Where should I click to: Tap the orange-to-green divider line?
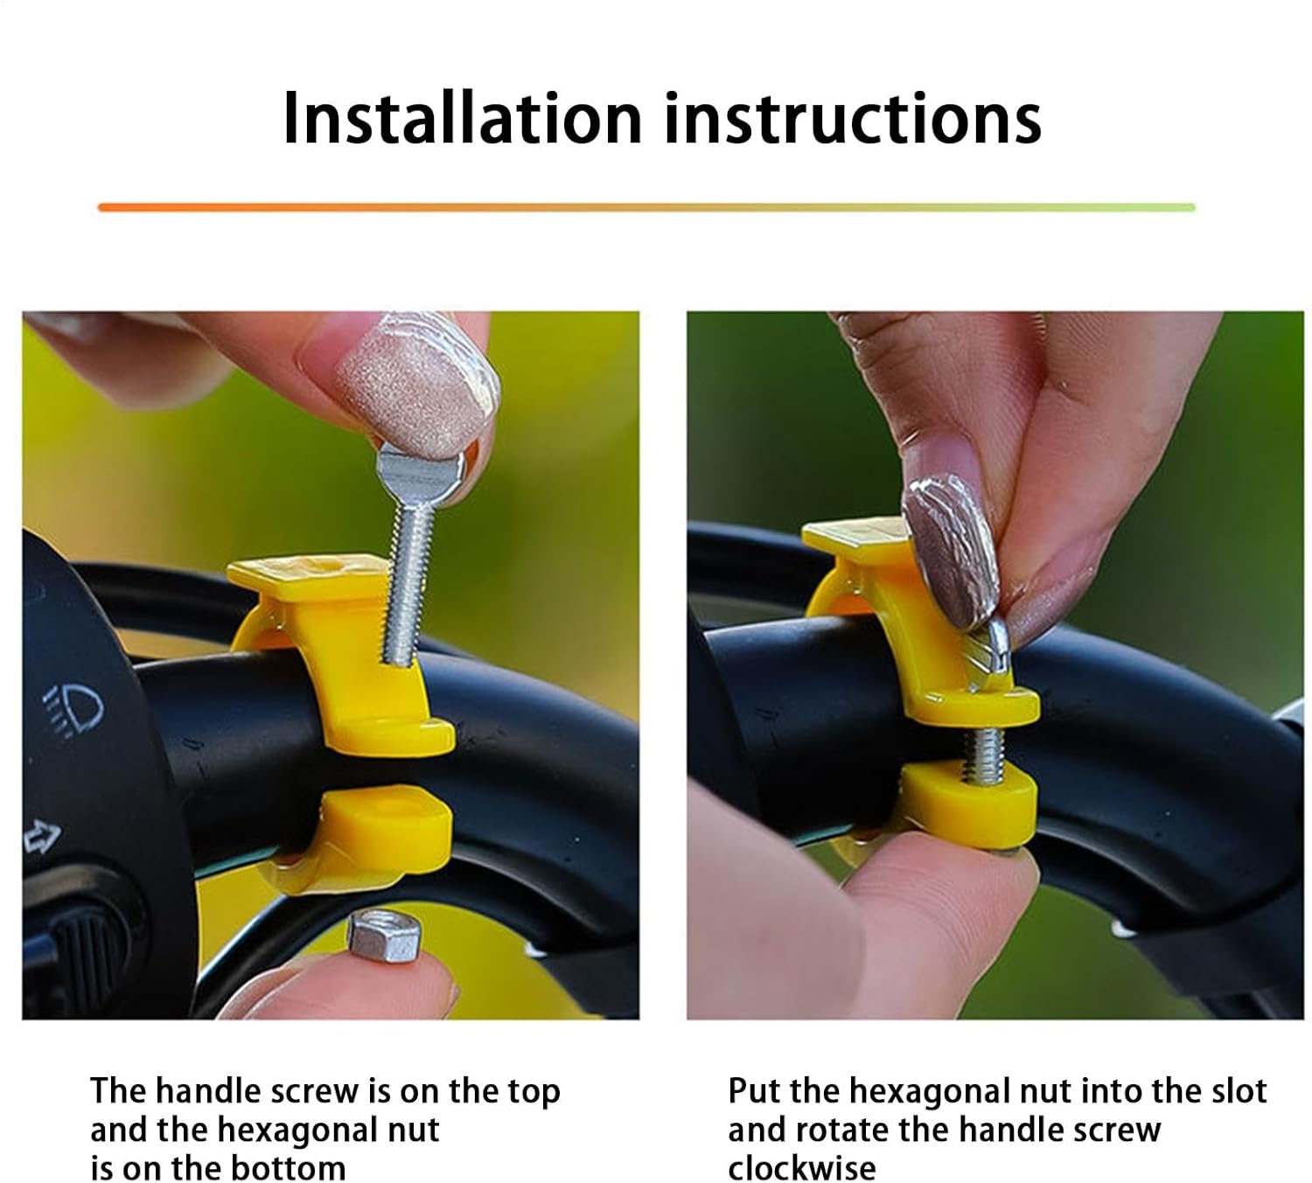[646, 207]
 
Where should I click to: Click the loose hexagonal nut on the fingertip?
[385, 936]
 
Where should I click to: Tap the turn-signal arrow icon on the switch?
[42, 837]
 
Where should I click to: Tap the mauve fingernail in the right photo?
[950, 548]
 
